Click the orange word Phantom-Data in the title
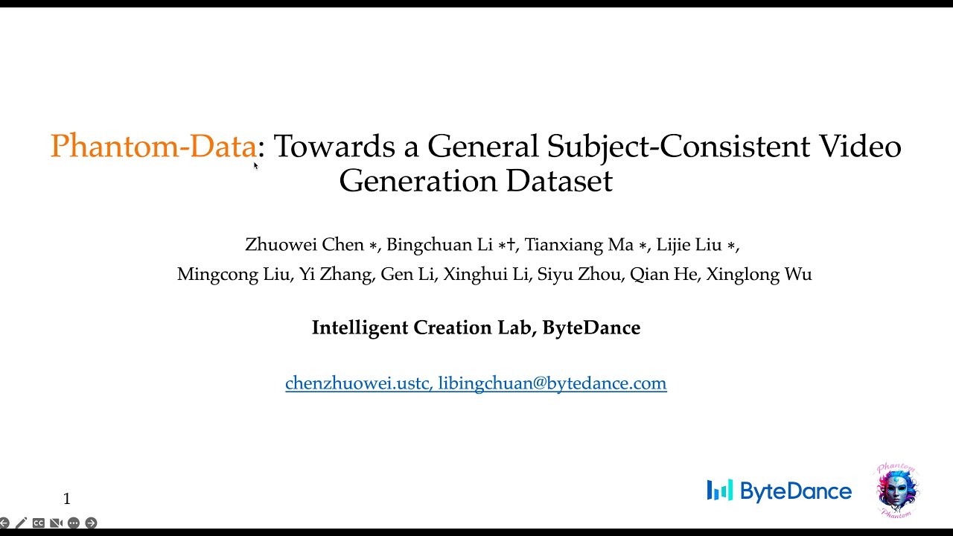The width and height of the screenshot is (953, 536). (x=153, y=147)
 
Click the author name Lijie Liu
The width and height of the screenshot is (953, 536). (x=689, y=245)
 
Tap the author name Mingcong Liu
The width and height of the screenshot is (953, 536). (x=233, y=275)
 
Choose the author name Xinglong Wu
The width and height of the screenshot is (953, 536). (x=759, y=275)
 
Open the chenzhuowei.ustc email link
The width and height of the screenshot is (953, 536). (x=357, y=383)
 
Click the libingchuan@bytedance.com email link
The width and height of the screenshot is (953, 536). (x=552, y=383)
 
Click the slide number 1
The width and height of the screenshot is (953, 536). (x=67, y=499)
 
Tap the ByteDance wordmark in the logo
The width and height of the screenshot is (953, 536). (x=795, y=491)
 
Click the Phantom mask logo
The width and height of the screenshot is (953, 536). (x=897, y=491)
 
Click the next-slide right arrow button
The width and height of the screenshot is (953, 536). (x=91, y=523)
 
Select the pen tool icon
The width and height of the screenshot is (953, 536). (x=21, y=523)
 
